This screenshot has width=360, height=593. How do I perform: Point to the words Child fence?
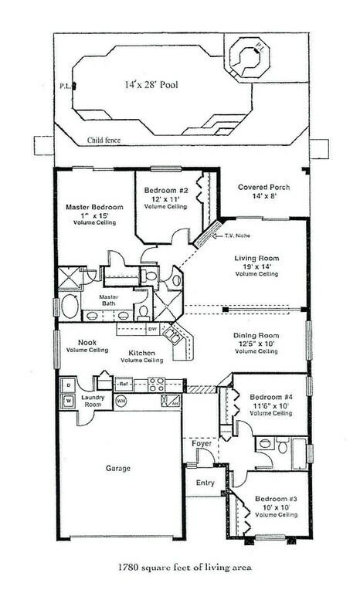[x=106, y=141]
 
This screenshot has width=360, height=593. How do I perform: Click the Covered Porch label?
[x=264, y=187]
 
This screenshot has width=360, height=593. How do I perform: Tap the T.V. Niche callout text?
[x=238, y=236]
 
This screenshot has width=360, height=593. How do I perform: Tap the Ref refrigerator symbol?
[x=123, y=383]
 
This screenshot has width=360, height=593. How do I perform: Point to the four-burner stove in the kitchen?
[x=155, y=383]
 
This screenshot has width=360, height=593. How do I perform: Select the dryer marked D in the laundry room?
[x=68, y=385]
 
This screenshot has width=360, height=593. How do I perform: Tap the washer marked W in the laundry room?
[x=68, y=401]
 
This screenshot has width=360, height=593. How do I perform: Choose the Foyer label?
[x=202, y=443]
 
